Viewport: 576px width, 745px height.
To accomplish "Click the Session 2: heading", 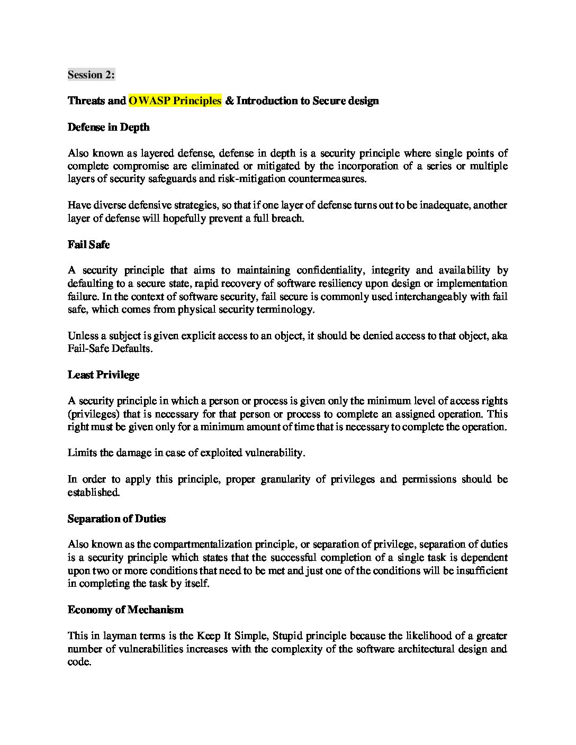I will (91, 75).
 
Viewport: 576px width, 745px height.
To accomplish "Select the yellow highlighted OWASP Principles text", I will (175, 101).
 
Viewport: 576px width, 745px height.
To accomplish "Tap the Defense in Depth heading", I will (109, 127).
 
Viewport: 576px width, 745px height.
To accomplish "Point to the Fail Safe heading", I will (88, 244).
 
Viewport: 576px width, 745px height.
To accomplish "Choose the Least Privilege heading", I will (103, 375).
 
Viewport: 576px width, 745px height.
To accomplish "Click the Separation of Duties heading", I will (116, 519).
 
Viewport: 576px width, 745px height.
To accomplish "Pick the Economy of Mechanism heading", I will (125, 610).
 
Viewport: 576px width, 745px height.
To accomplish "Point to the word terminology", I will (285, 310).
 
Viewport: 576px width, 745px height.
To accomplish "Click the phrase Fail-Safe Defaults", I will (109, 349).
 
